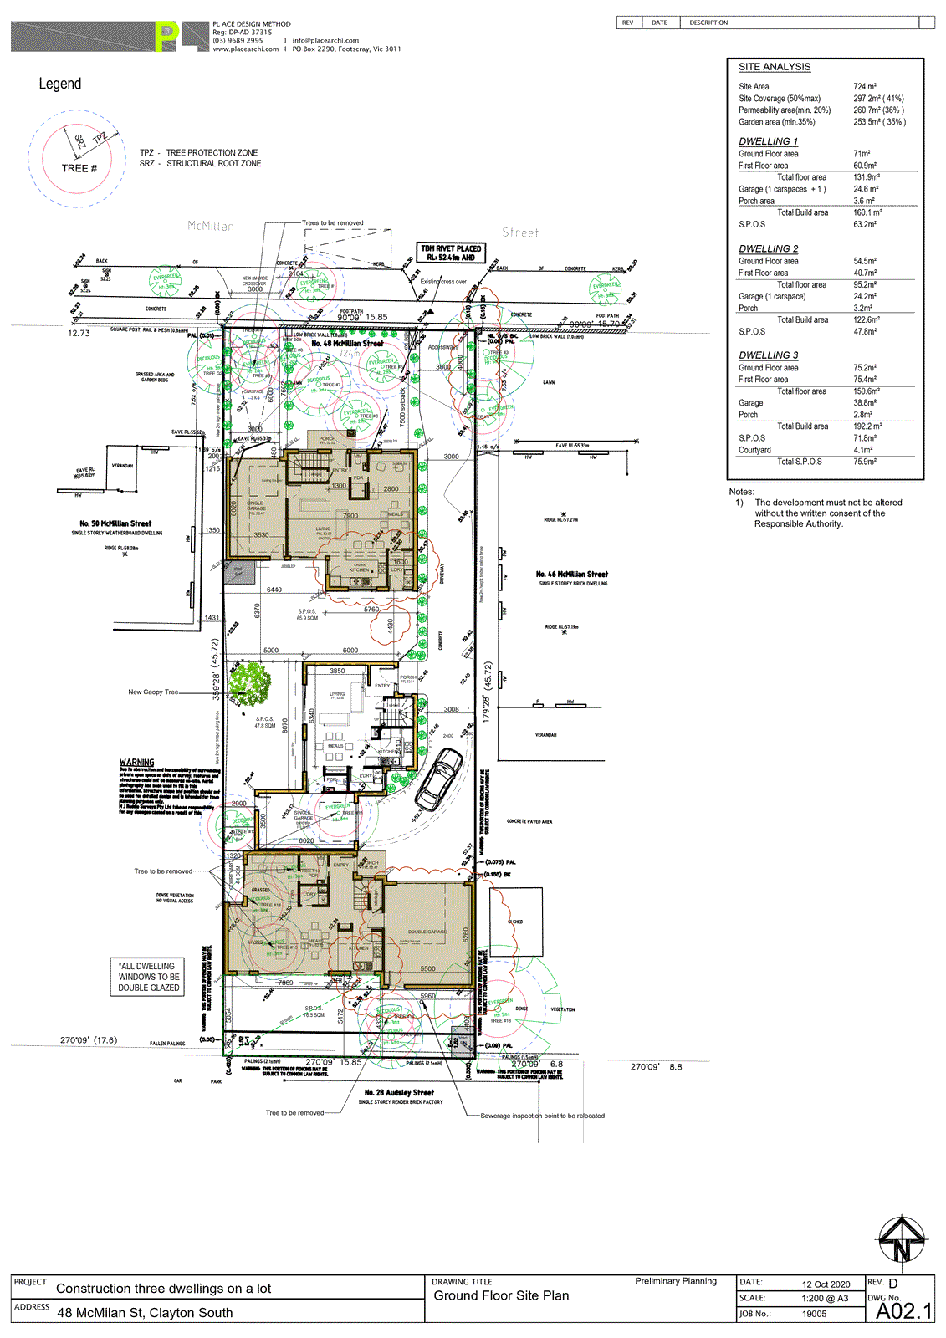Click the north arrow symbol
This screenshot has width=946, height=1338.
(902, 1241)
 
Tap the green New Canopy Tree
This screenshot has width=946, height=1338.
(249, 682)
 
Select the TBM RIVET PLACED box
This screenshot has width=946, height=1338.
(451, 253)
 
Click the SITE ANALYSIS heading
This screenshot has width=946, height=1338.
(774, 67)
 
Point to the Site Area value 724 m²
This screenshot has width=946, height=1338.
(864, 86)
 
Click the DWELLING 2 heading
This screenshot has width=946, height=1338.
(768, 248)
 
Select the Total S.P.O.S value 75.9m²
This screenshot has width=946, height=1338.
(864, 462)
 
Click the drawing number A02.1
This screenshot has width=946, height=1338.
(903, 1311)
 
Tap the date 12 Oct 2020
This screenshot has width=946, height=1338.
(826, 1284)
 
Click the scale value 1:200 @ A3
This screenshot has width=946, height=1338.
(824, 1299)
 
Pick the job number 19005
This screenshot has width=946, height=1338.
(814, 1314)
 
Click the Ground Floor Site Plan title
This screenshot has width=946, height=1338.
(501, 1295)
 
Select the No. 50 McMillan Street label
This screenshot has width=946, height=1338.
(115, 523)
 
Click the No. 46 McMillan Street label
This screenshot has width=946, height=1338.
(572, 575)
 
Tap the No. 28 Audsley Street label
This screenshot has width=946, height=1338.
(399, 1092)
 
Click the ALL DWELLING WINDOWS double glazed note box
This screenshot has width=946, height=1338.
(148, 977)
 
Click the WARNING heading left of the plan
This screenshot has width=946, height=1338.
(136, 762)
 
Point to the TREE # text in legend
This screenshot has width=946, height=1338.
(79, 168)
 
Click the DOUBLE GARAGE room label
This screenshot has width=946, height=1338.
(427, 932)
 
